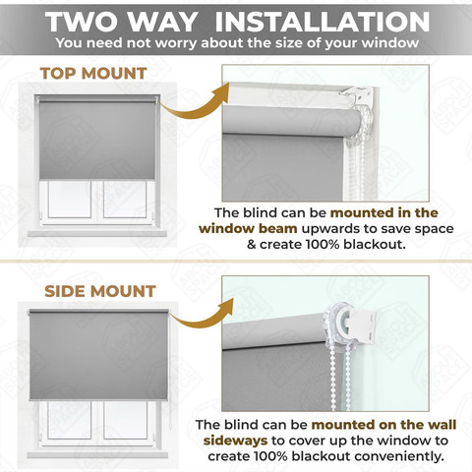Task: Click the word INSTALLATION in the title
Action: [x=323, y=22]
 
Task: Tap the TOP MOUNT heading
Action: [x=93, y=74]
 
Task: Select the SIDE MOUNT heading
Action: [x=100, y=291]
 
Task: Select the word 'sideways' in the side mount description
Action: [x=235, y=441]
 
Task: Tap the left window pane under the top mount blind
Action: [x=70, y=199]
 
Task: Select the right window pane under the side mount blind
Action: [x=125, y=420]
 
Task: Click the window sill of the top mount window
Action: [x=97, y=233]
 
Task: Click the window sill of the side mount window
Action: [x=97, y=455]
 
